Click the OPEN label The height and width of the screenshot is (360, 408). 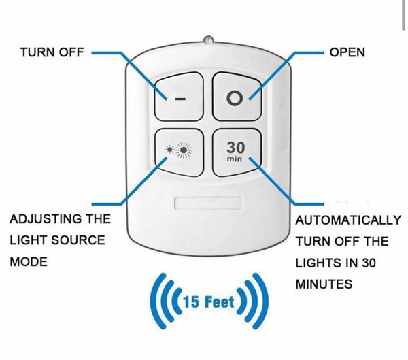347,52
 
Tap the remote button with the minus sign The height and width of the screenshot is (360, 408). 179,97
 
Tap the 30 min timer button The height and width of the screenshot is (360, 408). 235,152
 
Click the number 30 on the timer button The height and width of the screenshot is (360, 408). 235,147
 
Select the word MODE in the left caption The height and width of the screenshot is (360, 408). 29,262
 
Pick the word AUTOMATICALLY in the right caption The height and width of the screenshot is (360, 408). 348,220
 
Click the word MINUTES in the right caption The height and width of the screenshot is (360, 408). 324,284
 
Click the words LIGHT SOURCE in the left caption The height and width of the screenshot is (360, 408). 57,240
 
